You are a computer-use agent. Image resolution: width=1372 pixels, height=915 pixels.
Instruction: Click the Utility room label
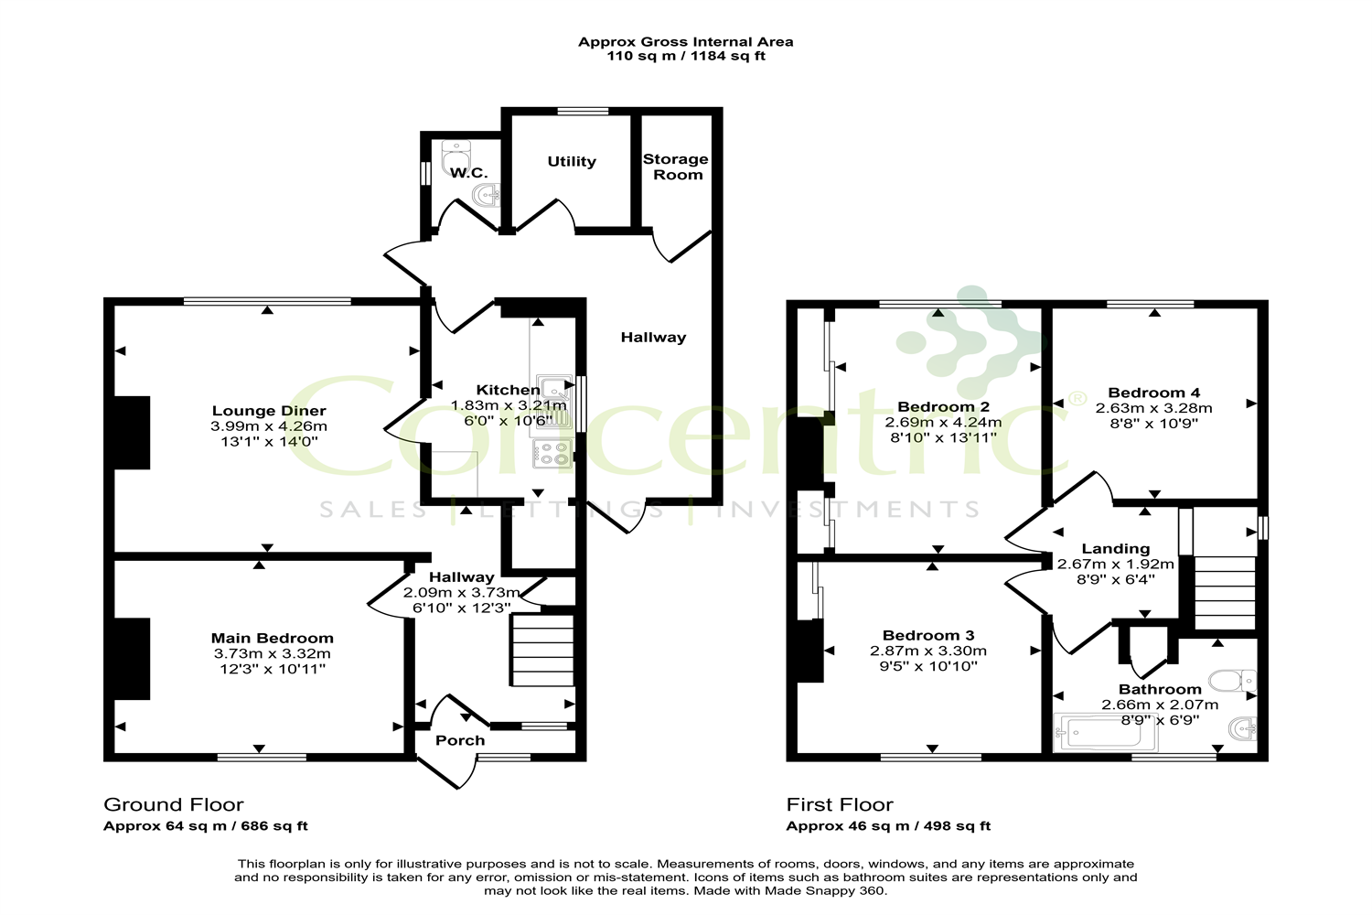572,162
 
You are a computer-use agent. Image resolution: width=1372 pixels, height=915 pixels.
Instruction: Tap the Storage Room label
676,167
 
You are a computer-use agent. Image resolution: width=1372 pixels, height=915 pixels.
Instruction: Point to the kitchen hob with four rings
552,454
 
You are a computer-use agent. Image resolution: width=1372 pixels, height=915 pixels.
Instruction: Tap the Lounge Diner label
269,411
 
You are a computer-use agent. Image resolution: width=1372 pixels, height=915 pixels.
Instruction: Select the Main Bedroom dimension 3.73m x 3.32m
272,653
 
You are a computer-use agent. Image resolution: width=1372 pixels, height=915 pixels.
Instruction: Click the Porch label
460,740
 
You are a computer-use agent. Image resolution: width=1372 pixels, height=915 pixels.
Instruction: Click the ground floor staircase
542,651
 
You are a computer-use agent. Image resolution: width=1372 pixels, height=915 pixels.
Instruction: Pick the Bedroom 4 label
1153,393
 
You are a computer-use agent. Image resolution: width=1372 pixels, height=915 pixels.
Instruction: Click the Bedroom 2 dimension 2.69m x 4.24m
943,423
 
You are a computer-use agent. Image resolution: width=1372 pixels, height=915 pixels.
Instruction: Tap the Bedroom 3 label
927,635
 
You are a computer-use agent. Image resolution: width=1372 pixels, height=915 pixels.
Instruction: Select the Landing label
1115,549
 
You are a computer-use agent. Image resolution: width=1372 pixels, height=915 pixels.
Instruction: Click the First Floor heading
840,805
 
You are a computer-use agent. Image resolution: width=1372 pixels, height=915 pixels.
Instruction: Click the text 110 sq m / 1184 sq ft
686,56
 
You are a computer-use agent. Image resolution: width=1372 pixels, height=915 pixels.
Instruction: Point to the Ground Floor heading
174,805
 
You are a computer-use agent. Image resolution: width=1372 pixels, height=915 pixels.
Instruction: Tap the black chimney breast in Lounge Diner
132,432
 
